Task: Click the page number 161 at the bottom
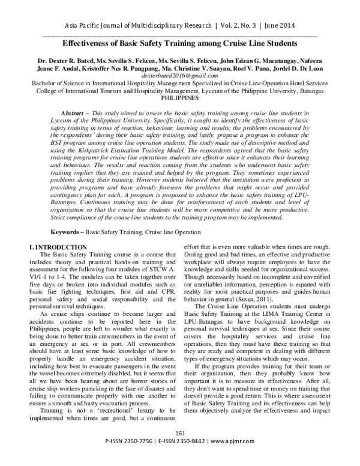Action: click(x=180, y=449)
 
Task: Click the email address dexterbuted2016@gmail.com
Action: click(x=180, y=76)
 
